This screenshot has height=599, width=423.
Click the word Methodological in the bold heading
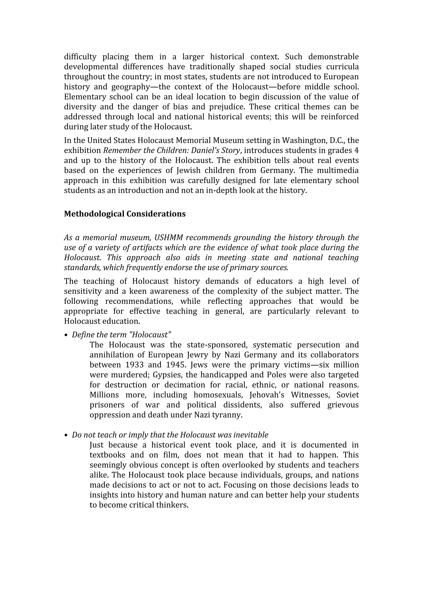tap(94, 214)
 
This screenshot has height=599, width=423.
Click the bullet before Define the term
tap(66, 335)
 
